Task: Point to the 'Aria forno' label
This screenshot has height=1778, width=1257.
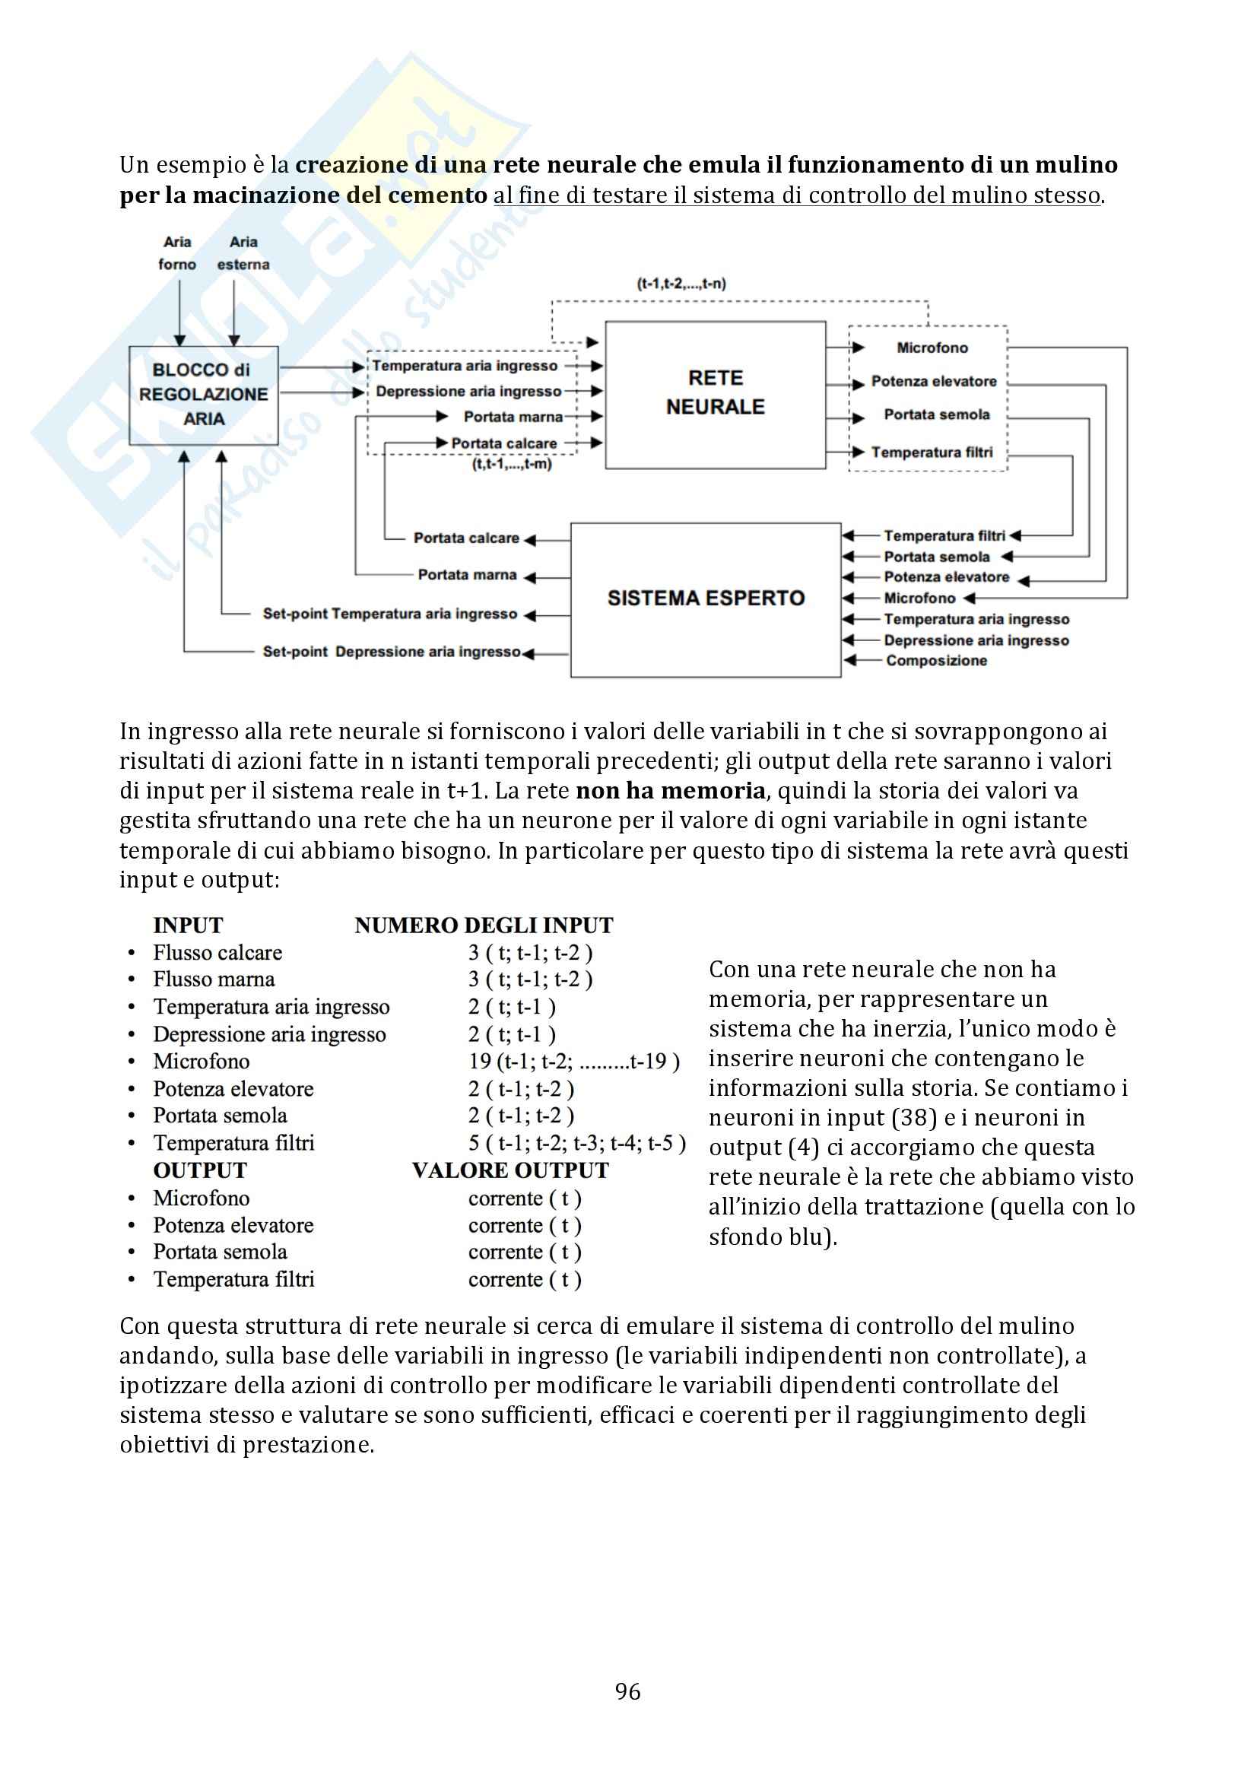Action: pos(177,253)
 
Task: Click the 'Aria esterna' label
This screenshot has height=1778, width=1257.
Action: pos(243,253)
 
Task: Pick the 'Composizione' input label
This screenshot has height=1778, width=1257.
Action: pos(936,661)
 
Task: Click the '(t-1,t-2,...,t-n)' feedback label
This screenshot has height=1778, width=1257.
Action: pos(681,284)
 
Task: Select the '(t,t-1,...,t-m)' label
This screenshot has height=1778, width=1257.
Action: pos(512,465)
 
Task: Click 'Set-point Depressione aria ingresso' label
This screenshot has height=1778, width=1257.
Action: pos(391,652)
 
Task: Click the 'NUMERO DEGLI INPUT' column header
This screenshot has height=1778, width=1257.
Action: pos(484,926)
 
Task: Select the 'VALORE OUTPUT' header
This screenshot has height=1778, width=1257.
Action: pos(510,1170)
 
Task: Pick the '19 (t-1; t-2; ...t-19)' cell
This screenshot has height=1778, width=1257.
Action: pos(574,1061)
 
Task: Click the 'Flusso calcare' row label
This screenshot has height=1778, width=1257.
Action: pos(217,952)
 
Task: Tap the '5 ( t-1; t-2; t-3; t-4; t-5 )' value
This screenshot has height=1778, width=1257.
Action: pos(577,1143)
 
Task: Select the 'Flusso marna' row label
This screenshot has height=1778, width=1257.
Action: pos(214,979)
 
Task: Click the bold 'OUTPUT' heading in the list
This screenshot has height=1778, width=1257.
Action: pos(200,1170)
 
